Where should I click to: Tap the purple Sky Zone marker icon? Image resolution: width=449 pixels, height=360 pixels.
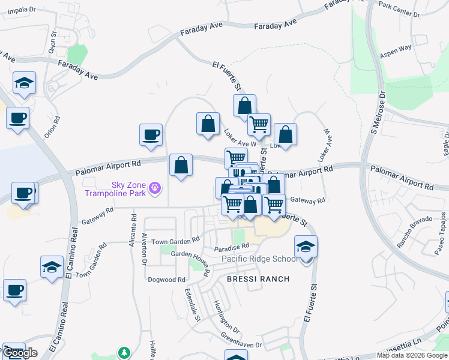click(155, 188)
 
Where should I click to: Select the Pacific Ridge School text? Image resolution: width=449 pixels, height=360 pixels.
click(259, 259)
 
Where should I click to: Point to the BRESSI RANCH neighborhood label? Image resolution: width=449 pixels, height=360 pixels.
click(258, 279)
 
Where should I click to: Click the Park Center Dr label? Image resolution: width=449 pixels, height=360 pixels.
click(402, 10)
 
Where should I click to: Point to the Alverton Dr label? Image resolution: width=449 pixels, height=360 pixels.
click(145, 249)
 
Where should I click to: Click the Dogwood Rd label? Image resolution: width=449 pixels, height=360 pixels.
click(166, 280)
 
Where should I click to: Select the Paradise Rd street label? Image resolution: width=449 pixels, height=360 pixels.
click(232, 247)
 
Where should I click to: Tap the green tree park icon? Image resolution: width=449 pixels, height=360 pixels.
click(124, 352)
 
